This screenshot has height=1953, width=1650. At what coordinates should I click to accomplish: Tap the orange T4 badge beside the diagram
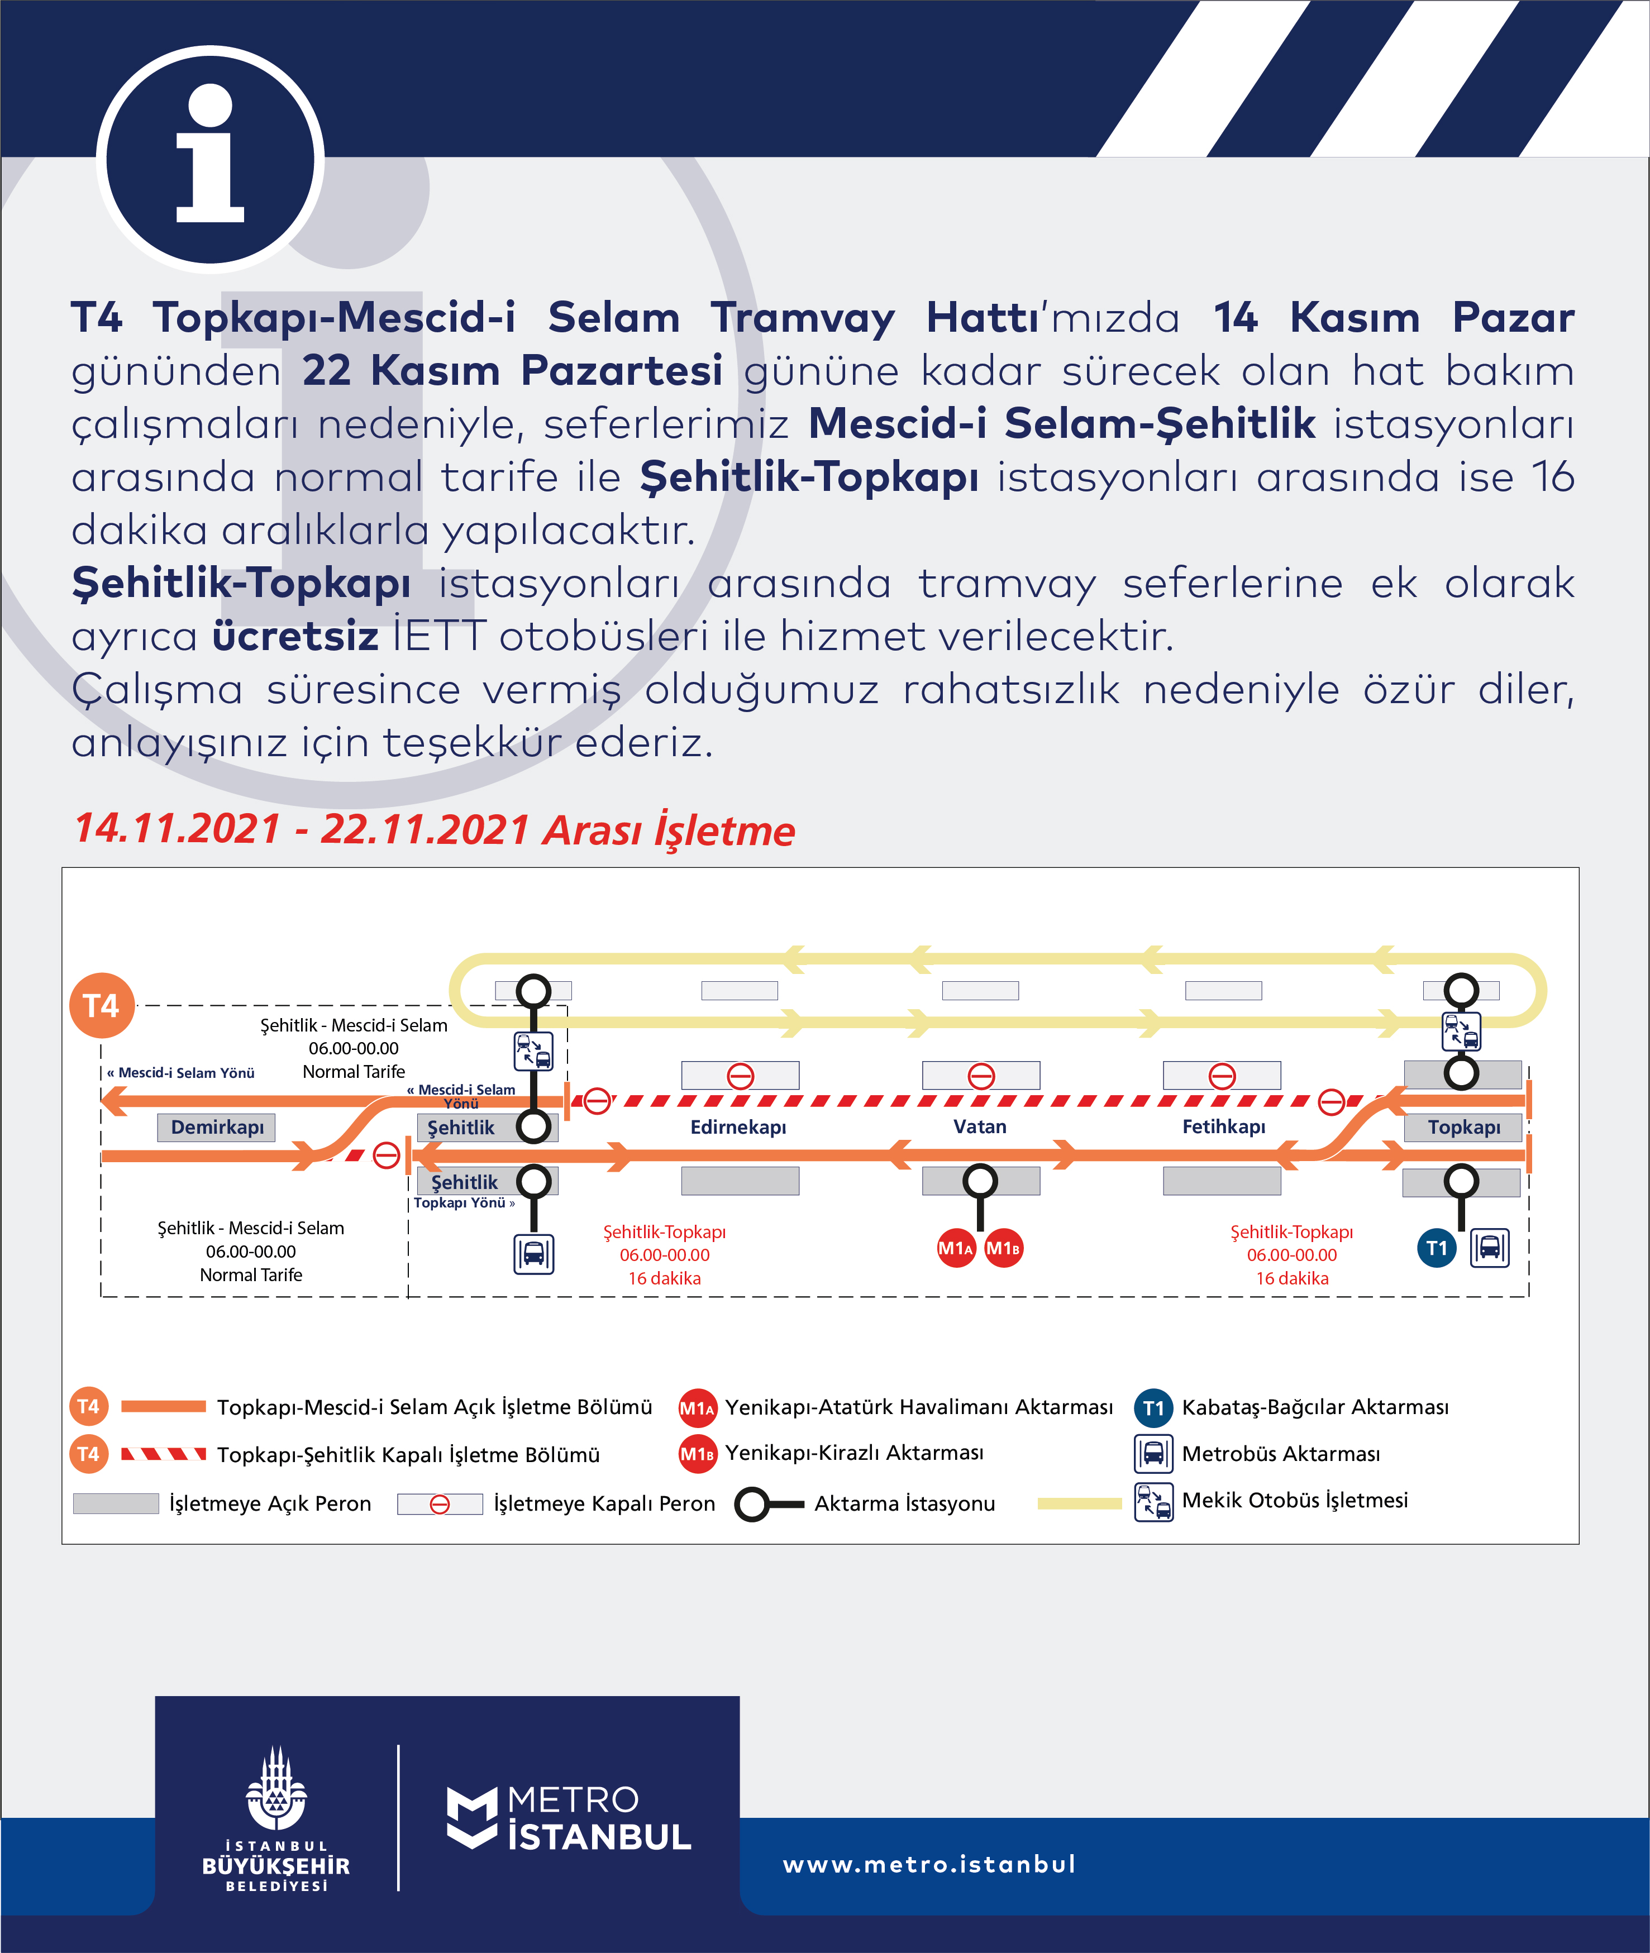tap(101, 1005)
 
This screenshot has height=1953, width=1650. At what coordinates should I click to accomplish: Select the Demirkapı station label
tap(217, 1127)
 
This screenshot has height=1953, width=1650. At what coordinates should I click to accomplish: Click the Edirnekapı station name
tap(738, 1127)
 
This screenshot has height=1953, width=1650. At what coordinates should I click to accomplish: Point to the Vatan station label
tap(979, 1126)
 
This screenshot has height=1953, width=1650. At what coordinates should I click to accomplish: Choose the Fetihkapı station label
tap(1223, 1126)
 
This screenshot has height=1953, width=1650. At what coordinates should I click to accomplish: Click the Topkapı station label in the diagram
tap(1463, 1127)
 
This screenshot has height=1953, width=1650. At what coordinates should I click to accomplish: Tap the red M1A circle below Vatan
tap(956, 1248)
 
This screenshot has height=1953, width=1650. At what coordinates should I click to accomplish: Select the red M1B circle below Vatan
tap(1003, 1248)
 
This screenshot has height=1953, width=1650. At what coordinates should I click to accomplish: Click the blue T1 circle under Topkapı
tap(1437, 1248)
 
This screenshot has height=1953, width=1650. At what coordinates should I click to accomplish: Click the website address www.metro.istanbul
tap(929, 1864)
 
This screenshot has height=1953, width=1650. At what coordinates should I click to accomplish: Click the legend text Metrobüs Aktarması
tap(1281, 1454)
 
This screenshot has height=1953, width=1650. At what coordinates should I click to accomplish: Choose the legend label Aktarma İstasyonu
tap(904, 1503)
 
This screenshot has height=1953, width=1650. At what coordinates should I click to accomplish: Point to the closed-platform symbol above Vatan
tap(980, 1076)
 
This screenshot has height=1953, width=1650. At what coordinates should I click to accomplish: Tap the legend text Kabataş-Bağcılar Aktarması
tap(1314, 1407)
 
